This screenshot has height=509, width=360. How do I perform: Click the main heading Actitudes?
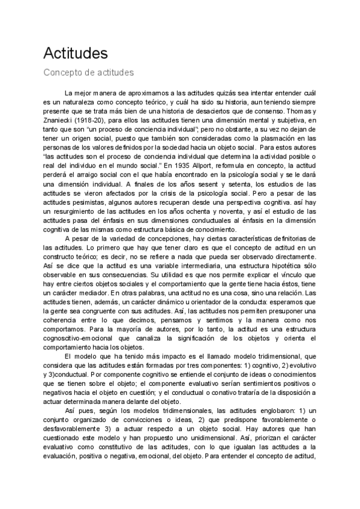[x=75, y=53]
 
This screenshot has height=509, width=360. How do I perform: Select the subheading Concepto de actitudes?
[x=88, y=73]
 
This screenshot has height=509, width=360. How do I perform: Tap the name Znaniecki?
[x=60, y=121]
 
